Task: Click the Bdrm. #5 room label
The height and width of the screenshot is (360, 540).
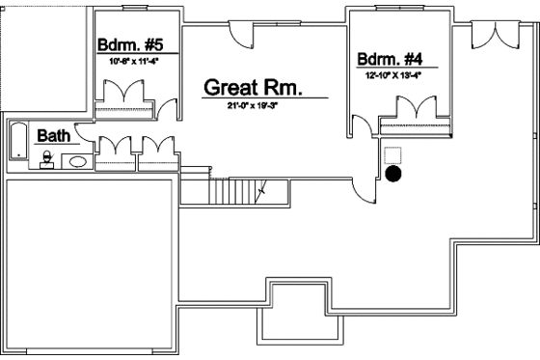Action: click(134, 45)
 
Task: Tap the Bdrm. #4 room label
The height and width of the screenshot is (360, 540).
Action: click(394, 57)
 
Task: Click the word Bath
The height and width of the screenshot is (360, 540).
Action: click(53, 136)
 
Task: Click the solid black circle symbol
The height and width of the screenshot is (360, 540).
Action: click(392, 175)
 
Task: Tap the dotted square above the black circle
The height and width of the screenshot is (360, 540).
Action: click(392, 154)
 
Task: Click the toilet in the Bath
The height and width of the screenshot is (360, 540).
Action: click(46, 158)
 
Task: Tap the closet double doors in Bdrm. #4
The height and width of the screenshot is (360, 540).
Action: click(416, 107)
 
